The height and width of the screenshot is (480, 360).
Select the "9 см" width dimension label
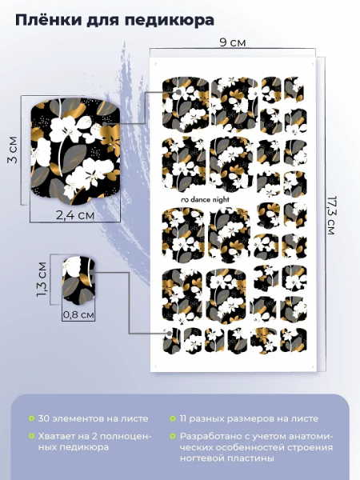click(233, 42)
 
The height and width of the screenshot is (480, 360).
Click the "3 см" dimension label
click(13, 150)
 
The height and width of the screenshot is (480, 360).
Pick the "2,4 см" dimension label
click(75, 215)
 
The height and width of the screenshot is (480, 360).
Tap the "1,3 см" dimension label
click(42, 279)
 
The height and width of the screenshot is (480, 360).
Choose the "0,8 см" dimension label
click(78, 314)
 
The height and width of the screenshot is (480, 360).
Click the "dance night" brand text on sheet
click(206, 199)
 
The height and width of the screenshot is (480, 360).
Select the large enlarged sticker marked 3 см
click(74, 151)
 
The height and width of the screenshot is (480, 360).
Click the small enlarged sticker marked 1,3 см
click(78, 281)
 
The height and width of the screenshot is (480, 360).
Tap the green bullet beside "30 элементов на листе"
click(31, 418)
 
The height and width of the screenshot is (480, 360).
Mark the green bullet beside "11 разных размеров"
click(173, 418)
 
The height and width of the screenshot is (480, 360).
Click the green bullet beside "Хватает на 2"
click(31, 436)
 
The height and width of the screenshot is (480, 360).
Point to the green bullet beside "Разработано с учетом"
click(173, 436)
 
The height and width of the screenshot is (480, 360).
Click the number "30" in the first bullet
click(44, 418)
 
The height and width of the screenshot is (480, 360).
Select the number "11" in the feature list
click(183, 418)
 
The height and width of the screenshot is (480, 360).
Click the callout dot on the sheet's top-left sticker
click(178, 91)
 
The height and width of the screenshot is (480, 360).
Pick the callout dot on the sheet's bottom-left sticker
click(169, 334)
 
